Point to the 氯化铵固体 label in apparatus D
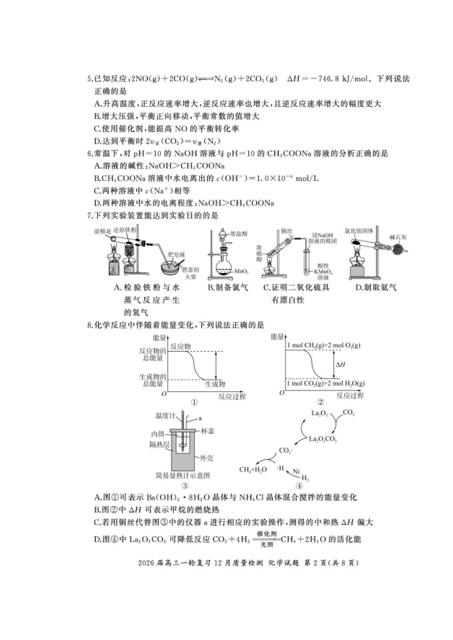(358, 231)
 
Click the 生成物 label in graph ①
(215, 384)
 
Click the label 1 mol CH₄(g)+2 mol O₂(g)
(327, 346)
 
